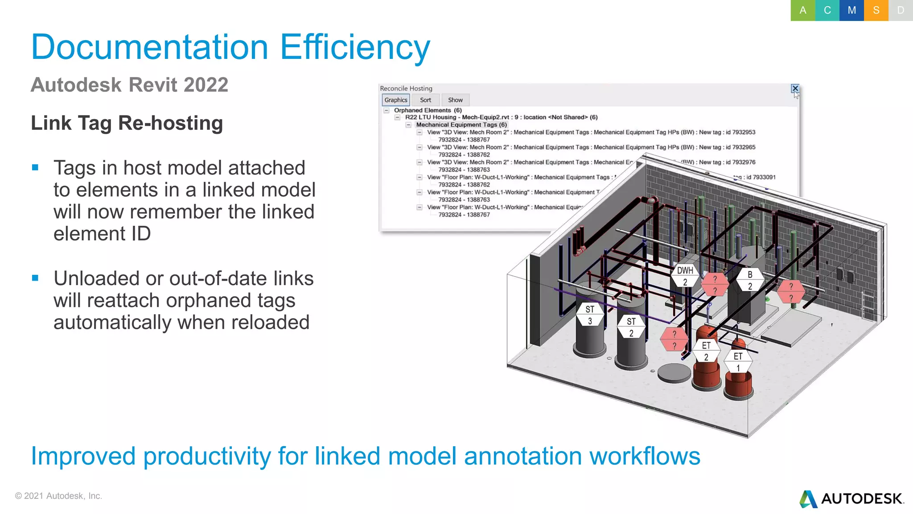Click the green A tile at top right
point(802,10)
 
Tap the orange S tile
point(876,10)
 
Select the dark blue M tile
point(851,10)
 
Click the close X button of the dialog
point(795,88)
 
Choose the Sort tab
point(425,100)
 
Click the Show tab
point(455,100)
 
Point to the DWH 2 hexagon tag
point(685,276)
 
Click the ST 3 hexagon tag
point(590,315)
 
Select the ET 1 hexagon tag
point(738,362)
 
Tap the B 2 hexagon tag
point(750,280)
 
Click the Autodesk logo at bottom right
point(851,498)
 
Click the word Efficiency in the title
point(355,47)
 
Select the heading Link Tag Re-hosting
point(127,123)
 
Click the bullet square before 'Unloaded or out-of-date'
point(35,278)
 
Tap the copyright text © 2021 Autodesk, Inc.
point(58,496)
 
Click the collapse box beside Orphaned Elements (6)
point(387,110)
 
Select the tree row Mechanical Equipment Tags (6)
point(461,124)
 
